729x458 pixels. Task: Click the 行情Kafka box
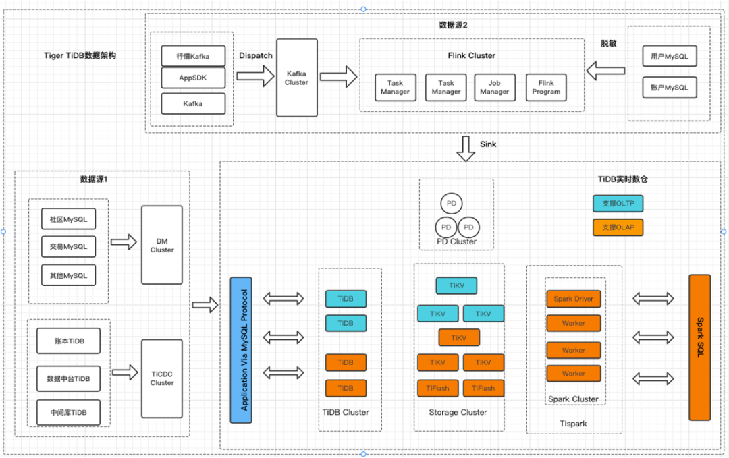click(193, 56)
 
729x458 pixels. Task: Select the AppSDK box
click(193, 78)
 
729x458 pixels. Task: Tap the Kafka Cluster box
click(297, 78)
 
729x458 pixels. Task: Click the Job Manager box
click(494, 87)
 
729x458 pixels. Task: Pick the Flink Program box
click(545, 87)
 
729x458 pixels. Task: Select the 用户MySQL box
click(669, 56)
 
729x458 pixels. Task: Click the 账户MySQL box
click(669, 88)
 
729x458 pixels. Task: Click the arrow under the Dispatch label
click(256, 74)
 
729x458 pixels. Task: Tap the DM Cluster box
click(161, 245)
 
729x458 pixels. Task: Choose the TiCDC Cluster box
click(161, 378)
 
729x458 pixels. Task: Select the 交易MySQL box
click(68, 247)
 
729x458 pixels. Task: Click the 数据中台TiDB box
click(68, 378)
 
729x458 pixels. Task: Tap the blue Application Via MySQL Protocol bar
click(241, 349)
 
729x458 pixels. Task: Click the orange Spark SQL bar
click(700, 347)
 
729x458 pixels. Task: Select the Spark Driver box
click(573, 299)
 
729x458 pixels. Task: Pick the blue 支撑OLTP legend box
click(618, 203)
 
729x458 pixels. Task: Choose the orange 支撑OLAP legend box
click(618, 227)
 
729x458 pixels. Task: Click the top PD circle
click(451, 203)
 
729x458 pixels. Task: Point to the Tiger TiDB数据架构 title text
click(80, 56)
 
